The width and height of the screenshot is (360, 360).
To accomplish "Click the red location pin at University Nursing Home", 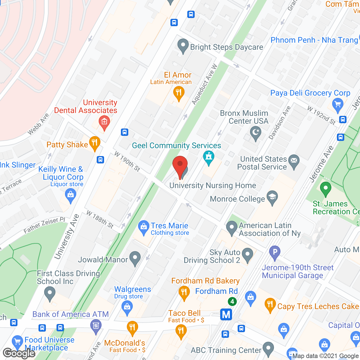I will point(180,166).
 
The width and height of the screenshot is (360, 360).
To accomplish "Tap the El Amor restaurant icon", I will point(179,93).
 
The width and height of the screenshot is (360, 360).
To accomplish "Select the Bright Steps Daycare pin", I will point(183,46).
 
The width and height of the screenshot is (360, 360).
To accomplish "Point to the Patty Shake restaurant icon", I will point(95,143).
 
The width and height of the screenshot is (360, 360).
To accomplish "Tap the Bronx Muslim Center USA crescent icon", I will point(256,133).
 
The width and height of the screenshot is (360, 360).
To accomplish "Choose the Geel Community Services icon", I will point(209,157).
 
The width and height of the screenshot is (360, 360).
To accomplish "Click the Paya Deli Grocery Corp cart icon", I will point(337,105).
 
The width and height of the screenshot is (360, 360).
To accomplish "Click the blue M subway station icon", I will point(226,314).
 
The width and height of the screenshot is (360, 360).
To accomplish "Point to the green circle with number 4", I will point(232,302).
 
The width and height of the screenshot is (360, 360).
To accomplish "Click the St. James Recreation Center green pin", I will point(325,188).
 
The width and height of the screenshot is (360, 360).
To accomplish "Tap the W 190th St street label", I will point(127,161).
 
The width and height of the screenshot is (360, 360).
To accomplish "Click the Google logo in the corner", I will point(19,353).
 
